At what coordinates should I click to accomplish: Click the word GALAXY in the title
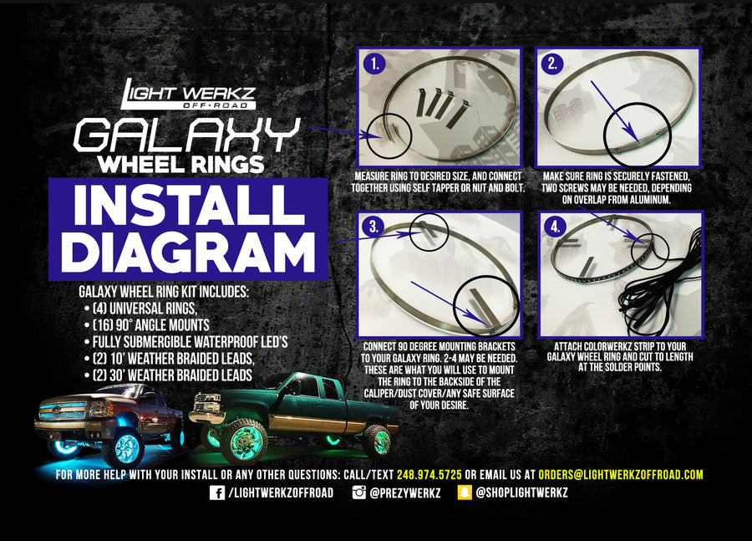[186, 133]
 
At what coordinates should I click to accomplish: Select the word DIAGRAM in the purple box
[187, 250]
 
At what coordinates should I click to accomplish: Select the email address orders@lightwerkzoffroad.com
[621, 474]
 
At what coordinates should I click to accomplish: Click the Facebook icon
[216, 493]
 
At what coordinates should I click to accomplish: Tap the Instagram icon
[358, 493]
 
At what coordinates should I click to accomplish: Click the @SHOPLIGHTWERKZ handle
[522, 493]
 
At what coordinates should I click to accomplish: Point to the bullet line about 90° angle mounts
[150, 324]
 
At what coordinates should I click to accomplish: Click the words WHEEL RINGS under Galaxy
[181, 162]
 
